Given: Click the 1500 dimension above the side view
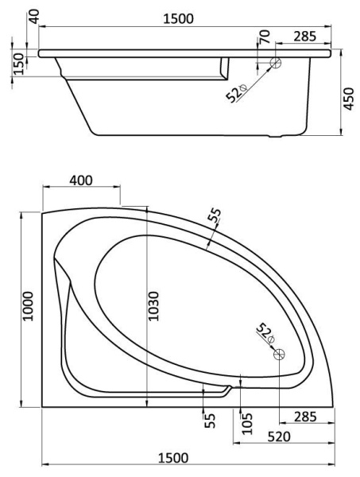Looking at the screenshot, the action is (x=178, y=19).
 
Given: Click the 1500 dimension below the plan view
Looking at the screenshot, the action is (x=173, y=457).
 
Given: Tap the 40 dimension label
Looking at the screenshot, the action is (x=35, y=17).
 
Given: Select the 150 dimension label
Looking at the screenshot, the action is (x=19, y=64).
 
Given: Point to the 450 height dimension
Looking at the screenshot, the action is (x=349, y=99).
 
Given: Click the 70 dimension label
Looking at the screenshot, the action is (x=265, y=37).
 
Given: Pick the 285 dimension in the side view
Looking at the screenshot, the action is (x=305, y=37).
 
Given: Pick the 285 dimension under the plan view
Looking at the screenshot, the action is (x=306, y=417).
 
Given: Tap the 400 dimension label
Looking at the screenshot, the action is (x=81, y=180).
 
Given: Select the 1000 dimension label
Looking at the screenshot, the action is (x=28, y=306).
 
